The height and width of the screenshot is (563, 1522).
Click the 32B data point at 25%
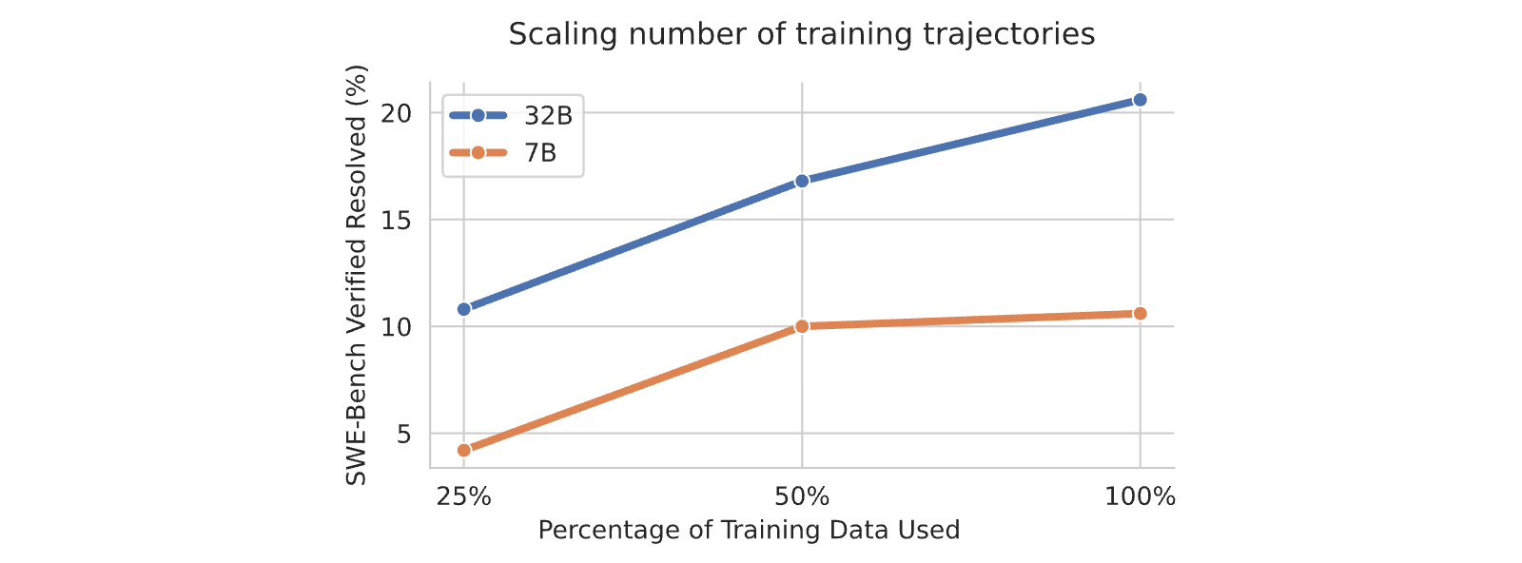[464, 309]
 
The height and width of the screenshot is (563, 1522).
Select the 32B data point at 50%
[802, 181]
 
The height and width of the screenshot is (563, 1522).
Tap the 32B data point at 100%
[1141, 100]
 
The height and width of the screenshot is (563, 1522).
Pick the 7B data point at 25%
[464, 450]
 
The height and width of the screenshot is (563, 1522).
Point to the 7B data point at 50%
[802, 326]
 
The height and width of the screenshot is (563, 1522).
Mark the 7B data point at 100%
[1141, 313]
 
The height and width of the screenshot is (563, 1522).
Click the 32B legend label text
[548, 116]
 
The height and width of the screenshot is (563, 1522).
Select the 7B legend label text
[540, 153]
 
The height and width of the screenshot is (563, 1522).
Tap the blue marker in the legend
[478, 115]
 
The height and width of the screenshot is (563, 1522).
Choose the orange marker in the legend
[478, 152]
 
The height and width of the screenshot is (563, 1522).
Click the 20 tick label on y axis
[396, 113]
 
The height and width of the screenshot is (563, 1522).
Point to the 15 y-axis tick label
[396, 220]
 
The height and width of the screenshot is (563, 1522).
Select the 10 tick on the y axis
[396, 327]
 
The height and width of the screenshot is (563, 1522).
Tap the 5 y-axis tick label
[404, 434]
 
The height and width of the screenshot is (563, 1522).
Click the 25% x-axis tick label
[464, 497]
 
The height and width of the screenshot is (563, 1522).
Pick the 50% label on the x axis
[802, 497]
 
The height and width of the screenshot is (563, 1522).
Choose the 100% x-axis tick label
[1141, 497]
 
